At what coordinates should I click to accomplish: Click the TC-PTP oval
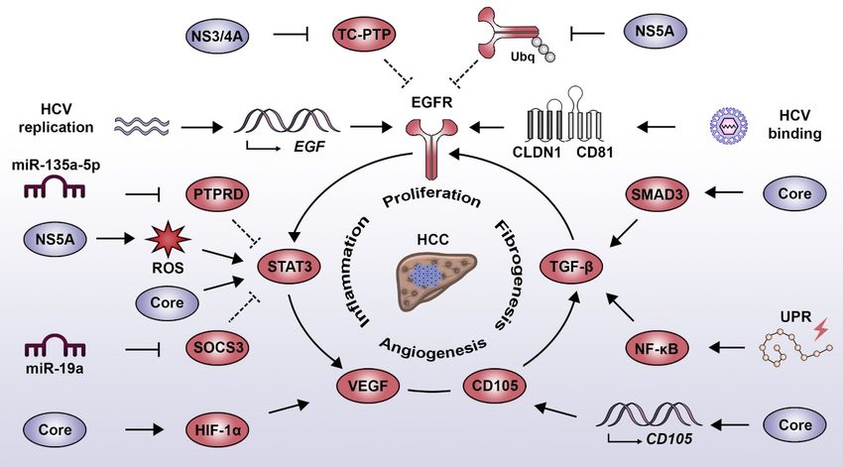[x=364, y=35]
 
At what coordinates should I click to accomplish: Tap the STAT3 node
[x=285, y=265]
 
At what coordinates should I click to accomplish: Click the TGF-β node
[x=573, y=265]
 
